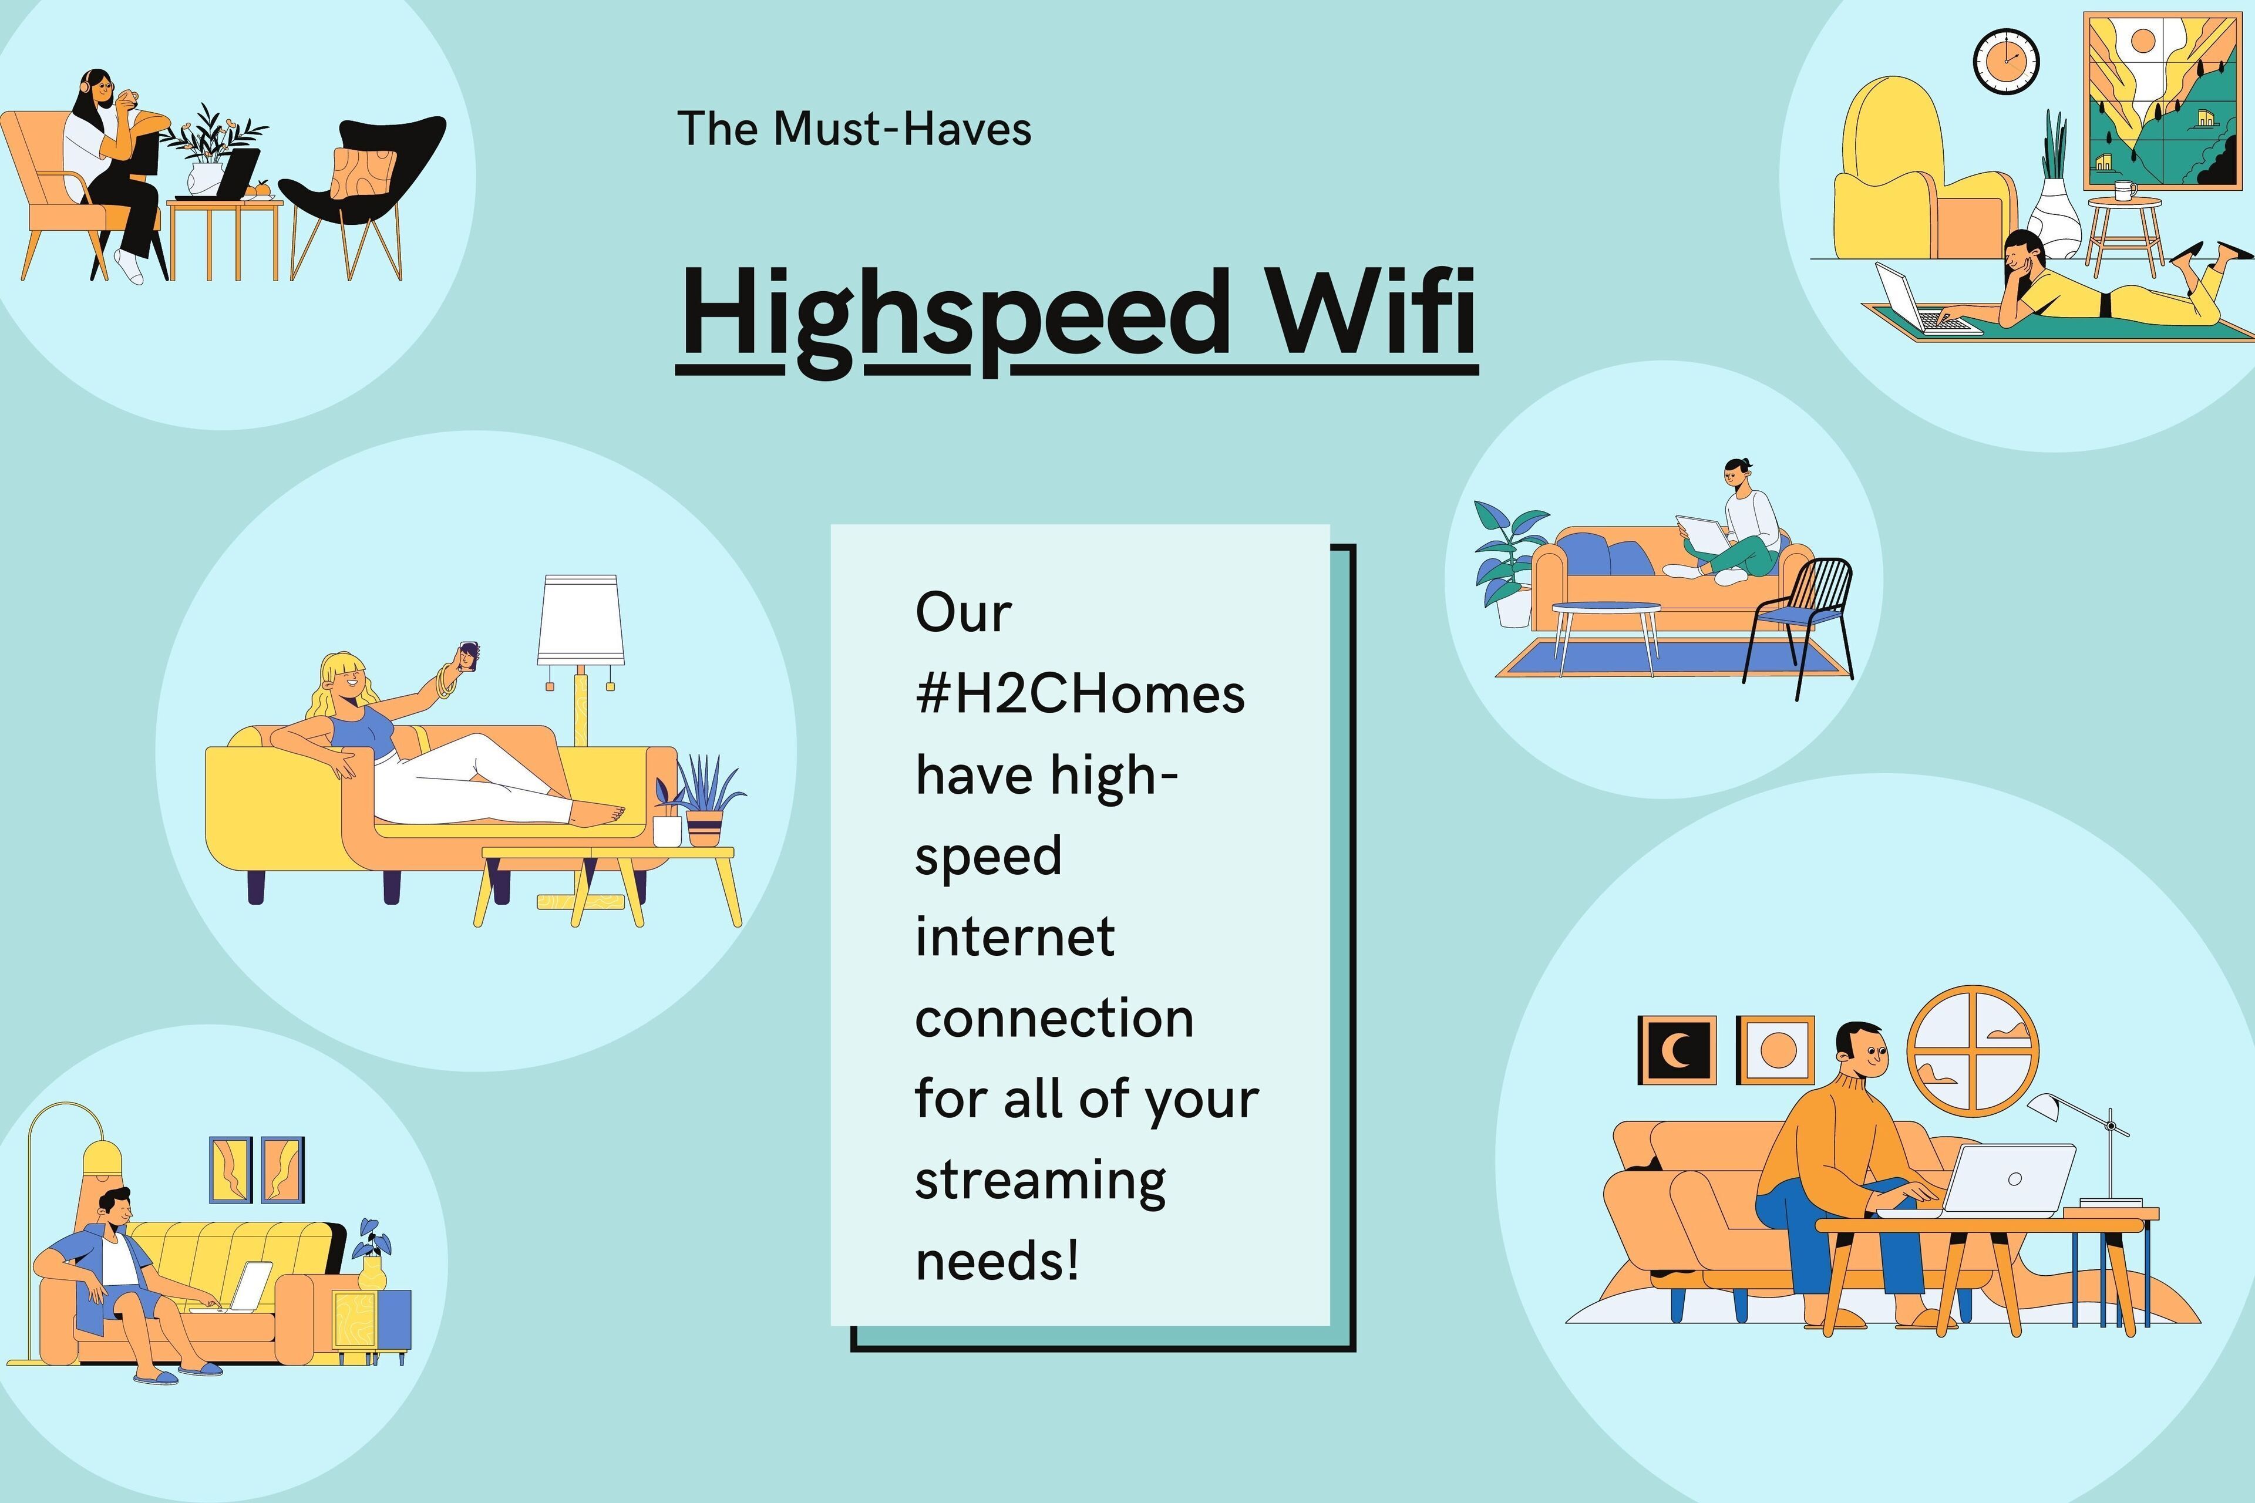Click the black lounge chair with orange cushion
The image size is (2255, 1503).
[364, 192]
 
